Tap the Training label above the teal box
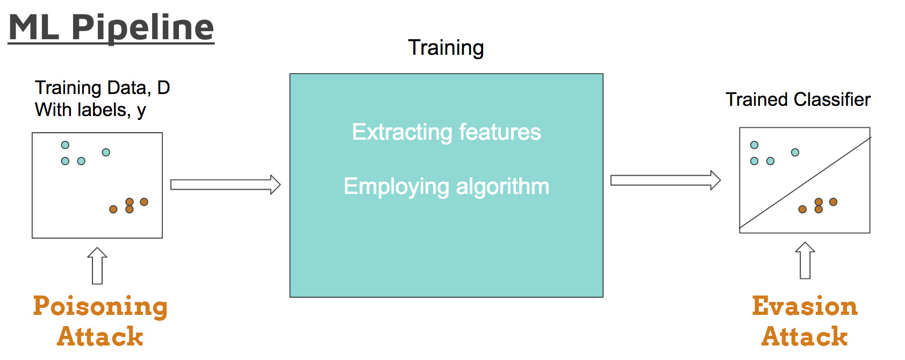pos(446,48)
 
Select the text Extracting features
pos(446,132)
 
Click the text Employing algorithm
pos(446,186)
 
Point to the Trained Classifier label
pos(798,99)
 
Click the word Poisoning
pos(100,306)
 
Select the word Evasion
pos(805,306)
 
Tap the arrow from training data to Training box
pos(225,185)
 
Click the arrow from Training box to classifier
pos(665,181)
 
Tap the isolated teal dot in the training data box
pos(106,153)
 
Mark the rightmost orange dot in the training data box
pos(144,202)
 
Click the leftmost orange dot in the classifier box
pos(802,210)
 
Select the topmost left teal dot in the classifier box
pos(755,145)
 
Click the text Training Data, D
pos(102,88)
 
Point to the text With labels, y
pos(90,110)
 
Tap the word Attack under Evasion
pos(805,337)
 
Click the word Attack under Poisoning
pos(100,337)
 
